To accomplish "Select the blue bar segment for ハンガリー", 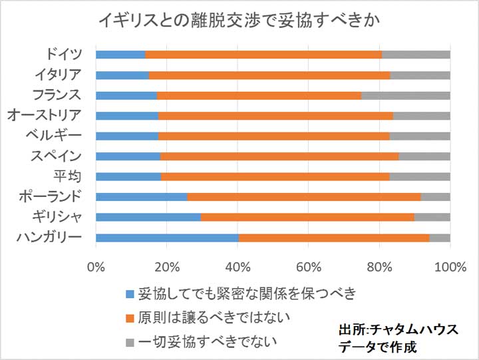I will coord(167,238).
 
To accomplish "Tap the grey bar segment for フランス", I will coord(405,95).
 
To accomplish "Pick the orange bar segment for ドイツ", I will coord(263,55).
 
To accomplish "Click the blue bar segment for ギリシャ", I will coord(148,217).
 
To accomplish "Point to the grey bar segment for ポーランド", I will coord(435,197).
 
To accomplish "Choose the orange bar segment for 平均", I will coord(275,177).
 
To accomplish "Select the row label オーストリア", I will coord(45,115).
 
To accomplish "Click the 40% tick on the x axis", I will coord(238,268).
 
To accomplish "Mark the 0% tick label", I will coord(96,268).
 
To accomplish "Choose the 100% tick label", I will coord(450,268).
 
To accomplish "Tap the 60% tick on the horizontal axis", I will coord(309,268).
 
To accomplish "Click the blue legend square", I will coord(130,293).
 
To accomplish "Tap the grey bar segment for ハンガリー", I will coord(440,238).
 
